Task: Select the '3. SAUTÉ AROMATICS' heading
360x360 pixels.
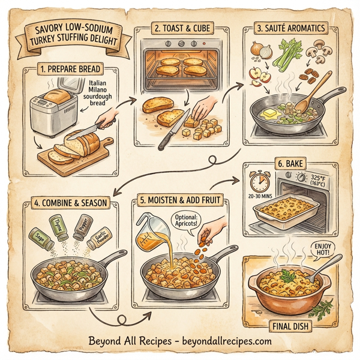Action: pos(290,28)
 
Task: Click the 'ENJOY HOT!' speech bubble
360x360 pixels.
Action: pos(320,249)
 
